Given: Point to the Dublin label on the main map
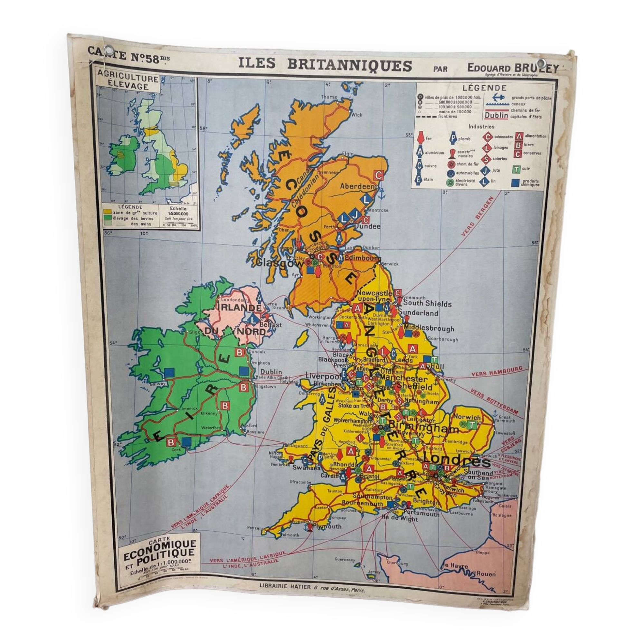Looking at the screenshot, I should (271, 372).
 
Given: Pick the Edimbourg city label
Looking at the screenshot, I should (362, 258).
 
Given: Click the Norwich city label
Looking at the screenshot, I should (467, 417).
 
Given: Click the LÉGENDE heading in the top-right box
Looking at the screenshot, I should (484, 88).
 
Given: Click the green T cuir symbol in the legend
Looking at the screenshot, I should (516, 170).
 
